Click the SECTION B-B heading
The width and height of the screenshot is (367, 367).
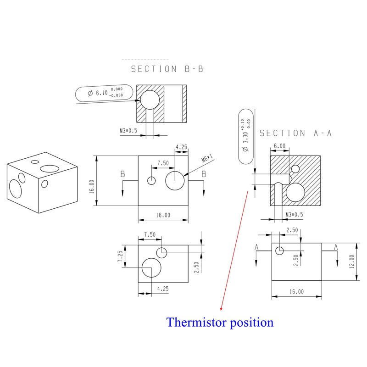[167, 69]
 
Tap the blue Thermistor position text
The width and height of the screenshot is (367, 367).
[220, 322]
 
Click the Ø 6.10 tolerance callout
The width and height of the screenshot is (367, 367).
[106, 94]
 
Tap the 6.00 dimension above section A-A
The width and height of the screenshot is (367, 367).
[279, 146]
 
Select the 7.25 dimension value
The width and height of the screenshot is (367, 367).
[120, 256]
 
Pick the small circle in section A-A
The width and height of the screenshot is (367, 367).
[295, 168]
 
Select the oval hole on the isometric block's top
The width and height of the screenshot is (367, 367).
[34, 162]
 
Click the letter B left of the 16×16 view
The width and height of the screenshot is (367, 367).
[122, 174]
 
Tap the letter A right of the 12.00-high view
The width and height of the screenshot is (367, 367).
[336, 247]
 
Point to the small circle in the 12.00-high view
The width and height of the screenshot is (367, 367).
[279, 250]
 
